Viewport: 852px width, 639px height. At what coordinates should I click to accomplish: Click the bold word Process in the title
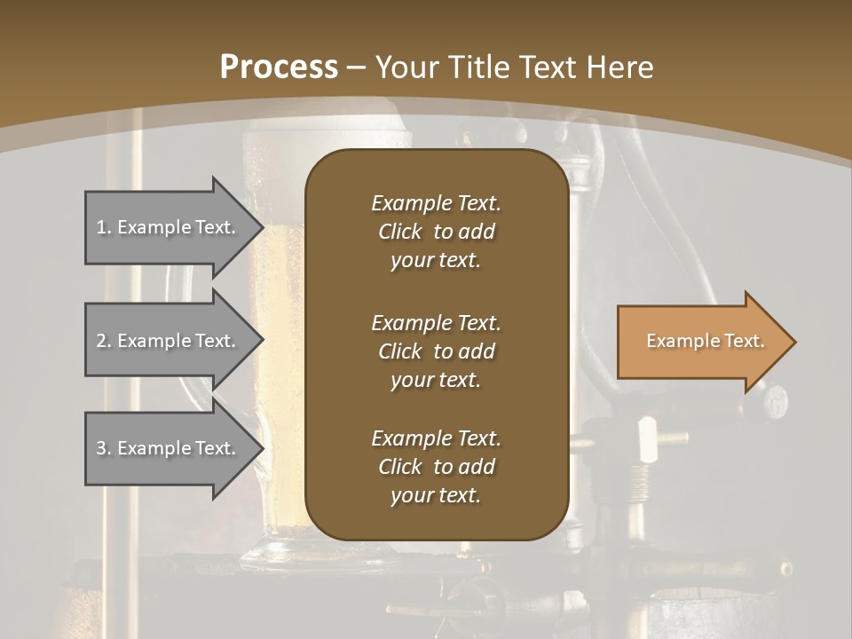coord(279,67)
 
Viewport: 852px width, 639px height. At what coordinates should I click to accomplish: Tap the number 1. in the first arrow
coord(104,227)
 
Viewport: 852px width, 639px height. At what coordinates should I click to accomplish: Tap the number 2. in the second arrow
coord(104,341)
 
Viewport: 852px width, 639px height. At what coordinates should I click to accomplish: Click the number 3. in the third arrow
coord(104,448)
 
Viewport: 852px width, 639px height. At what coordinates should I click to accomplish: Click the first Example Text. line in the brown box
coord(436,203)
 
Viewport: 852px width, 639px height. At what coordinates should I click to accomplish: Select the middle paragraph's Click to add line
coord(436,351)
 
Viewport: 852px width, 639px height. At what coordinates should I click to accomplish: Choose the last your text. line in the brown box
coord(436,495)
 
